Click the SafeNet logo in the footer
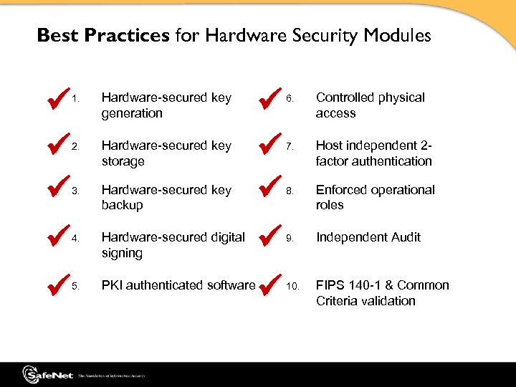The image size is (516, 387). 47,374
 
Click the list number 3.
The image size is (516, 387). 75,191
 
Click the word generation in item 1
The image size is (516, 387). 132,113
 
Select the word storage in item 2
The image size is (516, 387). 123,161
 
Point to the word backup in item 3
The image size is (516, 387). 122,205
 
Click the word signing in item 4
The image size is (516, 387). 122,253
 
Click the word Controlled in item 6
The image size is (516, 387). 343,97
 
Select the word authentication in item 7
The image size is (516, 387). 391,161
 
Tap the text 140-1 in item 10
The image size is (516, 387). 365,285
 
